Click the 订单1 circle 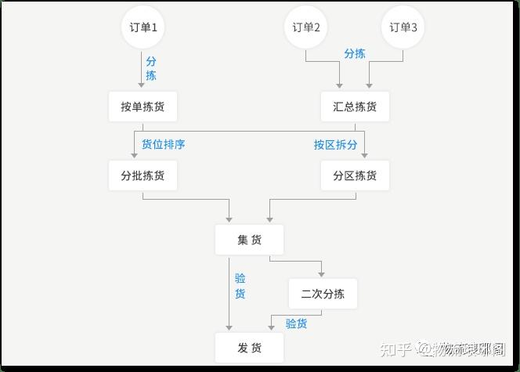[x=143, y=27]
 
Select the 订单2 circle [x=306, y=27]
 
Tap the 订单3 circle [x=404, y=27]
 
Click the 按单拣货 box [x=143, y=107]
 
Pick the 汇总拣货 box [x=355, y=107]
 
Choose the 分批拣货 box [x=143, y=175]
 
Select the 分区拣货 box [x=355, y=175]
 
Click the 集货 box [x=249, y=240]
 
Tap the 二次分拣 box [x=323, y=294]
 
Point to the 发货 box [x=249, y=347]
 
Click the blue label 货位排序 [x=163, y=144]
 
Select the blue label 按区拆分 [x=335, y=144]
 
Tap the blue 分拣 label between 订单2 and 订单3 [x=355, y=53]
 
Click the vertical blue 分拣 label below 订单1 [x=151, y=68]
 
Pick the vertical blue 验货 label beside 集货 [x=240, y=286]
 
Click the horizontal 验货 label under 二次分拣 [x=296, y=323]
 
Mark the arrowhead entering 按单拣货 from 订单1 [x=142, y=85]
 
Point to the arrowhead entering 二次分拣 [x=321, y=274]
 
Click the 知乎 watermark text [x=392, y=348]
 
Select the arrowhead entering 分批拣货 [x=135, y=156]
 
